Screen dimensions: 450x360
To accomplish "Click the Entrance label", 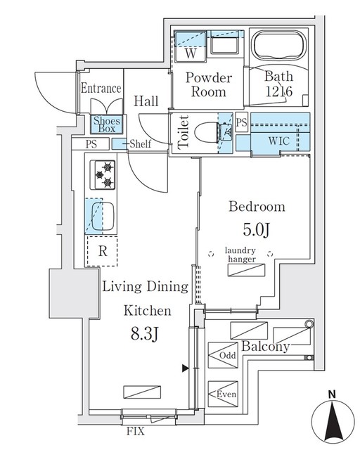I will (x=101, y=89).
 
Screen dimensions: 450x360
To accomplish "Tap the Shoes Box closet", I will (x=107, y=125).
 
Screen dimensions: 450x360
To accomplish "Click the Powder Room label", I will (x=206, y=85).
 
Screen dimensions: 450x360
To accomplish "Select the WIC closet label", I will (x=279, y=141).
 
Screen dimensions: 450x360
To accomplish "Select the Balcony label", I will (x=266, y=347).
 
